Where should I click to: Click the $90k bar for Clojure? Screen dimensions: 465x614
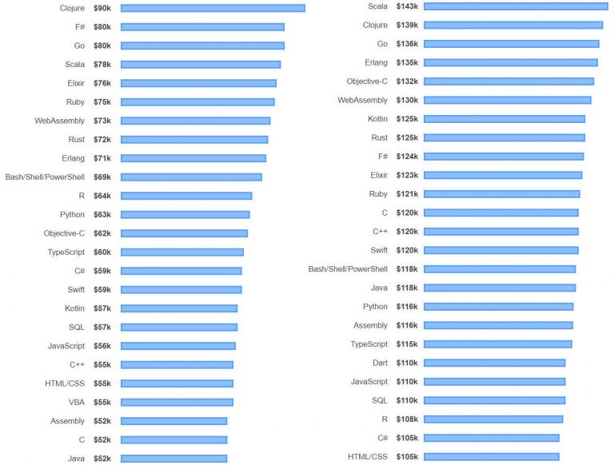[212, 8]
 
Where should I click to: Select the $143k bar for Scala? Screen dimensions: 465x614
[516, 6]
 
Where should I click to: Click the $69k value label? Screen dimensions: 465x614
[102, 177]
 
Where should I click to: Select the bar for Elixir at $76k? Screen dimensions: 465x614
[198, 83]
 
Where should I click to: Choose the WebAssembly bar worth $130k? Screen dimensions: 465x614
[508, 100]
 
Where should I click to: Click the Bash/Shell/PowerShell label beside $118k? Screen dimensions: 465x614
[348, 269]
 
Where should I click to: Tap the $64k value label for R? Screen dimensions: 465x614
[102, 196]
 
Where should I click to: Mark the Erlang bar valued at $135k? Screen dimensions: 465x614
[511, 62]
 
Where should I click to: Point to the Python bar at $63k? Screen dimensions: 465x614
[185, 214]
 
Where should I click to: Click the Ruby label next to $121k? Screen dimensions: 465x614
[378, 194]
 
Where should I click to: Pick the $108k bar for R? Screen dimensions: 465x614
[493, 419]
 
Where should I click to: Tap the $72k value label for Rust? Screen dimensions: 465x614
[102, 139]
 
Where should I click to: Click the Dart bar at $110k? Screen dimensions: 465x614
[494, 363]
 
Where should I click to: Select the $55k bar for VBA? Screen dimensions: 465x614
[177, 402]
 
